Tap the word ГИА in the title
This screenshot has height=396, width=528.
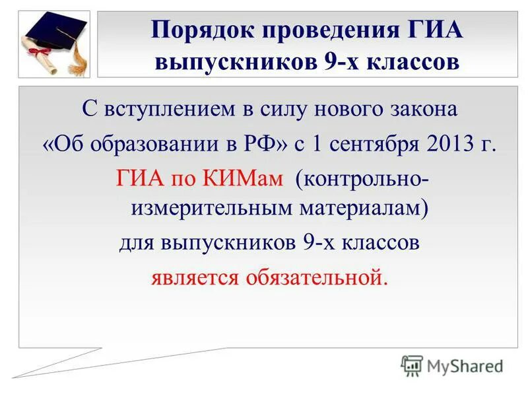click(431, 31)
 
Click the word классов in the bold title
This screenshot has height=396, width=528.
click(411, 61)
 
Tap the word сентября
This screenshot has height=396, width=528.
click(385, 143)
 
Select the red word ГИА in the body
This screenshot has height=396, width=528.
click(137, 177)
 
